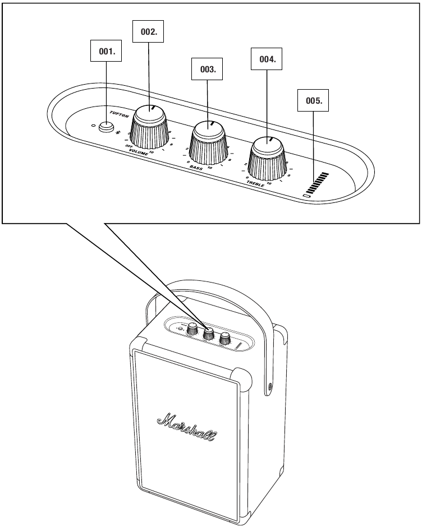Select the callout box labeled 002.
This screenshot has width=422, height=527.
pyautogui.click(x=148, y=32)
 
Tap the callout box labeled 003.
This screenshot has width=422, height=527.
pyautogui.click(x=208, y=70)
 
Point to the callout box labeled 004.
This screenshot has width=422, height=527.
pyautogui.click(x=267, y=59)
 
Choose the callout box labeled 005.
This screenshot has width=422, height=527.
pyautogui.click(x=313, y=101)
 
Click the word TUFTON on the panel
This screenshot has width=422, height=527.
pyautogui.click(x=119, y=114)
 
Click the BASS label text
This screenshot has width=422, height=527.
pyautogui.click(x=196, y=167)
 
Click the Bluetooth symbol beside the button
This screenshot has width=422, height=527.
pyautogui.click(x=118, y=132)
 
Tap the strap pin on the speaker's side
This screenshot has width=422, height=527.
pyautogui.click(x=272, y=386)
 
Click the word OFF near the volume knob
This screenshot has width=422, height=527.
pyautogui.click(x=129, y=146)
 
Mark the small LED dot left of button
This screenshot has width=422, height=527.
pyautogui.click(x=94, y=124)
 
